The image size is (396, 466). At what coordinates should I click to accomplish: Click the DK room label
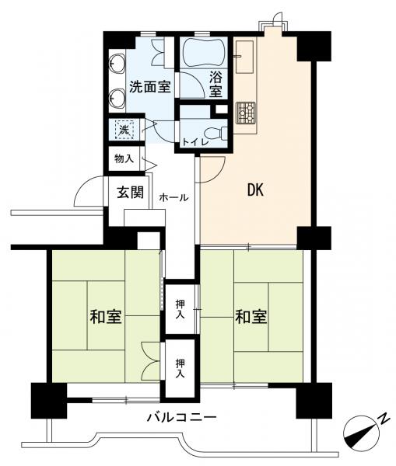[256, 190]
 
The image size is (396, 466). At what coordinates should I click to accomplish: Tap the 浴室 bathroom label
[216, 85]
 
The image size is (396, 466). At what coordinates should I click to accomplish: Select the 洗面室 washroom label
[150, 87]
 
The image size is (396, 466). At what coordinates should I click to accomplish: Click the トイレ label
[195, 142]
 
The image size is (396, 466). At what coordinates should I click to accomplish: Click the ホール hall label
[174, 197]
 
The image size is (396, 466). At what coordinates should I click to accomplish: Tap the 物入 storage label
[124, 158]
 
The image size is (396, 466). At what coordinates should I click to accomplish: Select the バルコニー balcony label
[181, 418]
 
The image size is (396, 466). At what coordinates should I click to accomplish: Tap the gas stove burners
[246, 113]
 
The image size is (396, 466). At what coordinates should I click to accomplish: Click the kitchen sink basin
[245, 57]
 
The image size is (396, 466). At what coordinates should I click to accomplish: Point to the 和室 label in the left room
[106, 317]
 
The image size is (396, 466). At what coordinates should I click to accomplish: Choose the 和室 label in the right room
[251, 317]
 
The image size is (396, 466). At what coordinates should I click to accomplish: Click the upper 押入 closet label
[180, 309]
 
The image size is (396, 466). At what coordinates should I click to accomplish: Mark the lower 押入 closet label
[180, 368]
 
